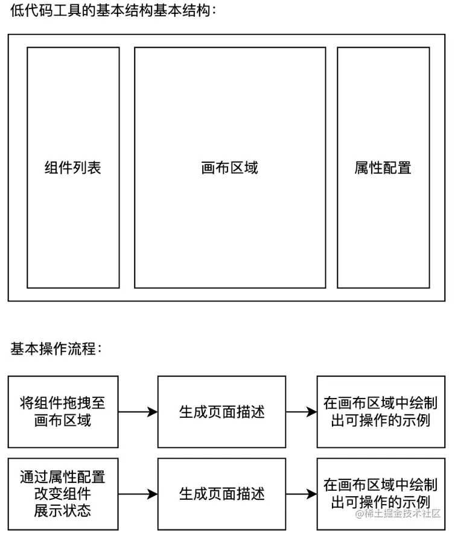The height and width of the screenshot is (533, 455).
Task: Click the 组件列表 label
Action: coord(72,168)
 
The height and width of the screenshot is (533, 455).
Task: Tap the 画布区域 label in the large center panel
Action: coord(229,168)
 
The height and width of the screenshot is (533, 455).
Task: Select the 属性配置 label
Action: coord(383,168)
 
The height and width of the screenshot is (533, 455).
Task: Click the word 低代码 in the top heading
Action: coord(29,11)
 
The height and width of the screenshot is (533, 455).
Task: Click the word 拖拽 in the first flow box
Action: coord(77,402)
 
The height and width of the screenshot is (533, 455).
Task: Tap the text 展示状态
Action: coord(63,511)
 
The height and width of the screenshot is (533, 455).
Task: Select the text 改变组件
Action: coord(63,494)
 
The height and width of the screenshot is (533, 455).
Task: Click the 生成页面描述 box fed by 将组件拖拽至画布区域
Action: coord(221,412)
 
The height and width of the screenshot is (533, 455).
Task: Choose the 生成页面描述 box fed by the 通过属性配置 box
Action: coord(221,494)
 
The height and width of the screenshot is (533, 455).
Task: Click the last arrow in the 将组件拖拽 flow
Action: coord(301,412)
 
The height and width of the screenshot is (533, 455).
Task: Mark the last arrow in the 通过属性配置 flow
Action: coord(301,494)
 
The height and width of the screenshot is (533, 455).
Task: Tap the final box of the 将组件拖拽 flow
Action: coord(380,412)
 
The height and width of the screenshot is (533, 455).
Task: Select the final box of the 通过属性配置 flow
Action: coord(380,494)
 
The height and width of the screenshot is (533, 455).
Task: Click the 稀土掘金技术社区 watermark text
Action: coord(404,514)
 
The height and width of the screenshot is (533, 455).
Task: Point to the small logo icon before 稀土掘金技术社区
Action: coord(359,514)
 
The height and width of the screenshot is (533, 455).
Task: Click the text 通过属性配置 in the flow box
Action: coord(63,478)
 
